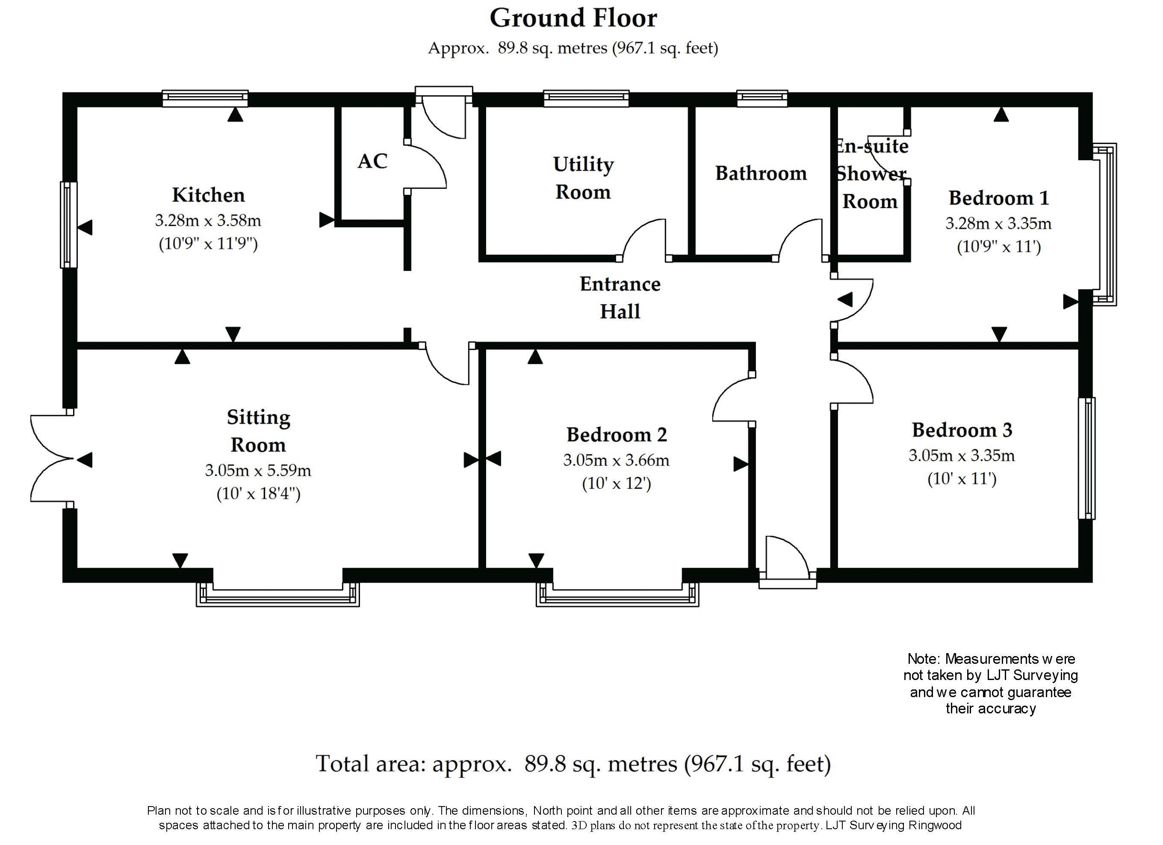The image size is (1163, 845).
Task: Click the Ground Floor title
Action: pos(573,18)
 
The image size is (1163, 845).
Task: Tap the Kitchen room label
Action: pos(208,195)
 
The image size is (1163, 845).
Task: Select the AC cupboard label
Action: pos(372,161)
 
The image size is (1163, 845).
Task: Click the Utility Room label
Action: pos(584,178)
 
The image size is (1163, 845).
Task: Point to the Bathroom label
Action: pos(761,173)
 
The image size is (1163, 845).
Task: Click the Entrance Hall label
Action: pos(620,297)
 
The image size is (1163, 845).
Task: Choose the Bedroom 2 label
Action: pos(617,435)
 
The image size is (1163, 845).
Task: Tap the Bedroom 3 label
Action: pos(962,430)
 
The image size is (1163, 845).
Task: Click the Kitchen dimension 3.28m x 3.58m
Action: pos(208,221)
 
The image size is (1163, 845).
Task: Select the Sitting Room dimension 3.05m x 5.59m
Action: pos(258,470)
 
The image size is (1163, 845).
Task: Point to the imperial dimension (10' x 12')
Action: pos(617,483)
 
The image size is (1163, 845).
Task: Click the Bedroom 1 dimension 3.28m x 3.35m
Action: pos(998,224)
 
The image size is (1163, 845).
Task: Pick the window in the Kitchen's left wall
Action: pos(69,224)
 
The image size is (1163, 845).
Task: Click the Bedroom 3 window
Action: pos(1086,458)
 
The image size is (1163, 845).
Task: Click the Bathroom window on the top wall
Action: pos(762,98)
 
